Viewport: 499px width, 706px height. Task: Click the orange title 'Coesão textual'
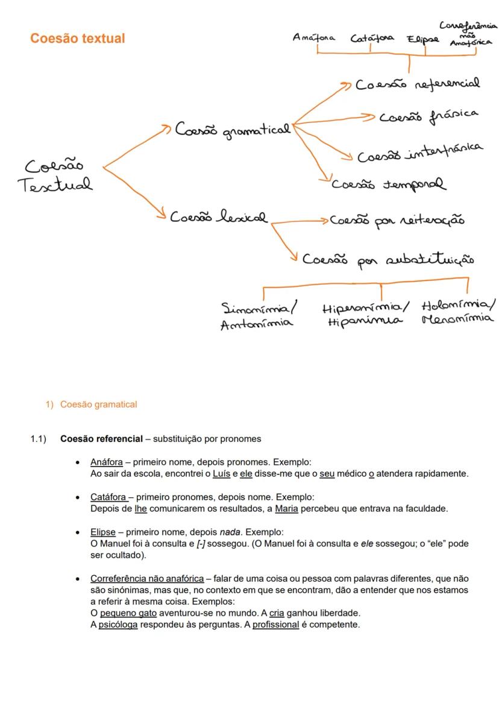coord(78,39)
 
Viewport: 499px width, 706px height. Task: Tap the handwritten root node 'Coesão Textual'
coord(55,175)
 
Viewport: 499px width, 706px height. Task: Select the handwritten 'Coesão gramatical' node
coord(233,130)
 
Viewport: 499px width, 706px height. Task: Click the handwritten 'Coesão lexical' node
coord(219,217)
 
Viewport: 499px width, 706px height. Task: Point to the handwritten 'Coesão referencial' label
coord(417,84)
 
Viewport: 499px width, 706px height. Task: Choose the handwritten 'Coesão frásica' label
coord(428,116)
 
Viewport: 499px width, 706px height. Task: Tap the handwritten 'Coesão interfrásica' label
coord(419,153)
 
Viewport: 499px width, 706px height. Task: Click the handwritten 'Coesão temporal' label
coord(389,184)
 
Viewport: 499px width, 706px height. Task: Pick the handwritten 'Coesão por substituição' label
coord(388,259)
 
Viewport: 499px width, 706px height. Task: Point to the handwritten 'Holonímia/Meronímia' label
coord(458,311)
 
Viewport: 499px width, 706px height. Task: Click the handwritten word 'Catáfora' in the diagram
coord(372,38)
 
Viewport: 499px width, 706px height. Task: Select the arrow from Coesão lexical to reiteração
coord(299,222)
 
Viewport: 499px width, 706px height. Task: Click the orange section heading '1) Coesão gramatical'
coord(92,405)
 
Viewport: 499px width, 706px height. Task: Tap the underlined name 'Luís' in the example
coord(222,474)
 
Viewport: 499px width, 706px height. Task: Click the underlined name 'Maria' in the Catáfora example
coord(286,509)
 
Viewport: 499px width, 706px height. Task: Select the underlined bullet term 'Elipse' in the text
coord(103,532)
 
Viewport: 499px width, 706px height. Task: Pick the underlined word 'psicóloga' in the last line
coord(118,625)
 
